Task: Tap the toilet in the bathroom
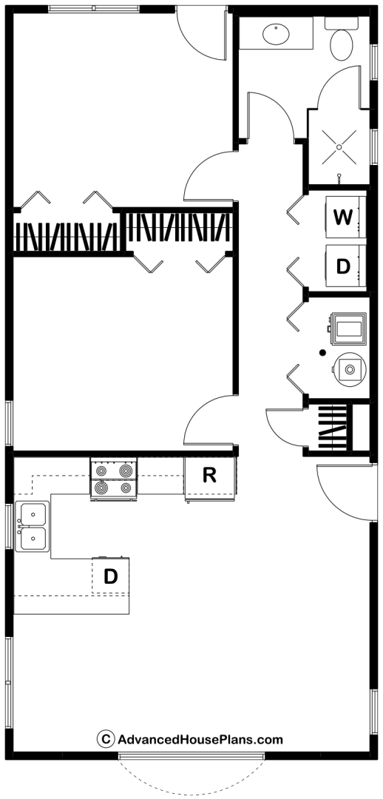(342, 38)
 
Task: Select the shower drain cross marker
(339, 147)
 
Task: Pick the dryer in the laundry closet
(346, 266)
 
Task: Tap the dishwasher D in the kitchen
(110, 576)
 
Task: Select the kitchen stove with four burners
(114, 479)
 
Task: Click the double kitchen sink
(32, 527)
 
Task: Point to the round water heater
(350, 368)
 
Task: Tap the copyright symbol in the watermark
(106, 738)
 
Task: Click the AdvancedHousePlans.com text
(200, 739)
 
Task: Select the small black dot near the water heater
(322, 352)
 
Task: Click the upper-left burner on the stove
(101, 471)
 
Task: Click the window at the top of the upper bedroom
(94, 9)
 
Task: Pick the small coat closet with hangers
(332, 427)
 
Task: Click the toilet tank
(342, 23)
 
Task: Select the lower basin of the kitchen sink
(32, 539)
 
